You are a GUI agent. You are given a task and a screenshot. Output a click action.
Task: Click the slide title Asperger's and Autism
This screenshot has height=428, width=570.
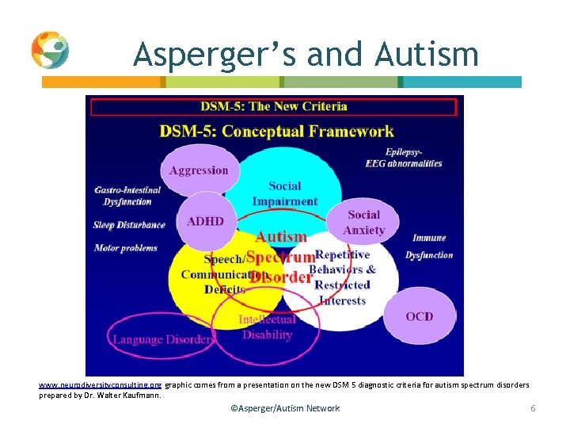point(306,55)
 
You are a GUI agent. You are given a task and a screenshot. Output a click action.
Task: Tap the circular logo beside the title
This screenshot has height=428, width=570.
point(50,50)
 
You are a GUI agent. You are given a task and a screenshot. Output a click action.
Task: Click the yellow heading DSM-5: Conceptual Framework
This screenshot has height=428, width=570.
point(276,131)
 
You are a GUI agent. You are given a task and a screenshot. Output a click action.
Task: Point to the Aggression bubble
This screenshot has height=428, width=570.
point(198,170)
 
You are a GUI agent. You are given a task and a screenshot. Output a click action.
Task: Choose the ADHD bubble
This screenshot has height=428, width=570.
point(205,221)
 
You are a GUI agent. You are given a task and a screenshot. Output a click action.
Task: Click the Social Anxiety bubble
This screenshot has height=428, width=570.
point(363,223)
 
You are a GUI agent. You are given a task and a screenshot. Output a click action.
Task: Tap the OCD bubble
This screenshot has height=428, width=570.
point(419,316)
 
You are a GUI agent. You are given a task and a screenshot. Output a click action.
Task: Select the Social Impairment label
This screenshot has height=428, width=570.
point(284,193)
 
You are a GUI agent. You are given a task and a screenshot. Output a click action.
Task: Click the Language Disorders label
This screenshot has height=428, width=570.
point(163,339)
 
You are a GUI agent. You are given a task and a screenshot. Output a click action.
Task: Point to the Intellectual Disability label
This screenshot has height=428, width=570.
point(267,327)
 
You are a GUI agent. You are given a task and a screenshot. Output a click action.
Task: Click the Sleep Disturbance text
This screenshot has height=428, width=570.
point(129,224)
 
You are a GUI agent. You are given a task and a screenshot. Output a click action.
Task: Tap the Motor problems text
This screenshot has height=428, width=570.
point(125,247)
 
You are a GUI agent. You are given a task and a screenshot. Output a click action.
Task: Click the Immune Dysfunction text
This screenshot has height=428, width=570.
point(429,246)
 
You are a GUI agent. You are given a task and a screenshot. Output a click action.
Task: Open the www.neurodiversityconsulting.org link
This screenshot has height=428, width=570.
point(101,384)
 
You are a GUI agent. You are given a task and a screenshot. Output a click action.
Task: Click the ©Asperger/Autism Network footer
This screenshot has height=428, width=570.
point(284,408)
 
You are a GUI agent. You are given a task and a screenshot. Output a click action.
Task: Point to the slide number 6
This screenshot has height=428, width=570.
point(533,408)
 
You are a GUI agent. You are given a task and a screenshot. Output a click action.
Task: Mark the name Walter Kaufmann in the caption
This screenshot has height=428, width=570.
point(133,394)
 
